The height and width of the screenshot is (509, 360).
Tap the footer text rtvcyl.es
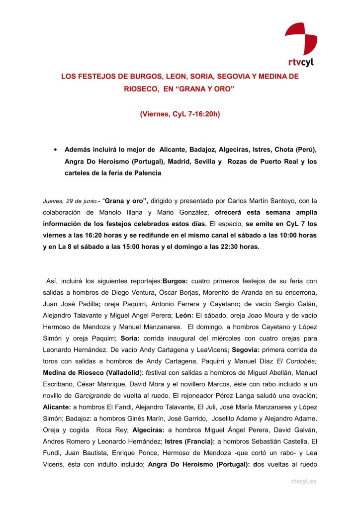(x=303, y=481)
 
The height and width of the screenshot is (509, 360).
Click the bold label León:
(x=185, y=315)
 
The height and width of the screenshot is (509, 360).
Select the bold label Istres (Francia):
(x=191, y=441)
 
